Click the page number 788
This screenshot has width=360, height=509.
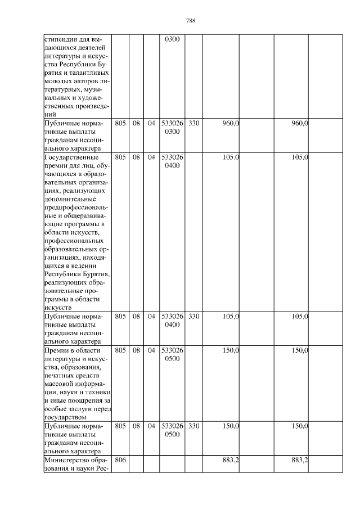[x=190, y=21]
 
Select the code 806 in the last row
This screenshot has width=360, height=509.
[x=120, y=460]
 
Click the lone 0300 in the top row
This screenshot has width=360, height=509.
[x=172, y=40]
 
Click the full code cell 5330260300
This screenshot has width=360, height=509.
[x=172, y=127]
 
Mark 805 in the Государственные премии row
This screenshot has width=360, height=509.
[x=120, y=157]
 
